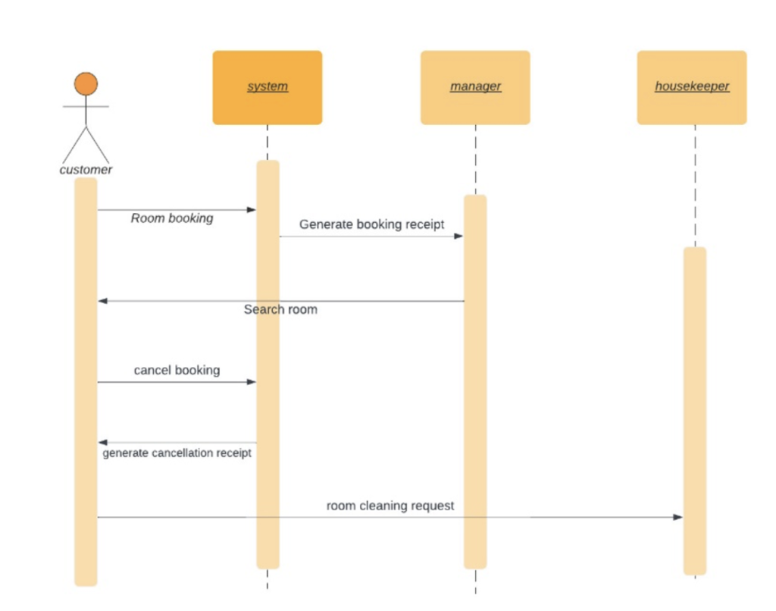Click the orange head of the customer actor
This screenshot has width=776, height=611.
coord(86,84)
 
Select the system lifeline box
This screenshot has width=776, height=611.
coord(268,87)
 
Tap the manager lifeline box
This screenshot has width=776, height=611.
coord(475,87)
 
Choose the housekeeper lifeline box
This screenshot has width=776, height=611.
coord(692,87)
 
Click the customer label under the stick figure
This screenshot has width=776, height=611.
coord(86,170)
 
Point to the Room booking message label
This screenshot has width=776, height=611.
coord(172,218)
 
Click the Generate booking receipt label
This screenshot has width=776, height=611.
coord(371,224)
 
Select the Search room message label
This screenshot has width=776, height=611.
coord(280,309)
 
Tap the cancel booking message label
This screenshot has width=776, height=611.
coord(177,371)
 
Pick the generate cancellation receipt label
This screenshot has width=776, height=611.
coord(177,453)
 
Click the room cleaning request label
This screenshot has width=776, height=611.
coord(390,506)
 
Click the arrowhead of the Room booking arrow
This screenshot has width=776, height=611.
coord(252,210)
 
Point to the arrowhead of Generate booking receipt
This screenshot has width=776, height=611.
coord(459,237)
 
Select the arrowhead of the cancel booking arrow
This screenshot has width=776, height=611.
coord(252,382)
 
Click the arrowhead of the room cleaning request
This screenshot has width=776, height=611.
coord(678,518)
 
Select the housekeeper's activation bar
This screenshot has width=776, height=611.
coord(695,410)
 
